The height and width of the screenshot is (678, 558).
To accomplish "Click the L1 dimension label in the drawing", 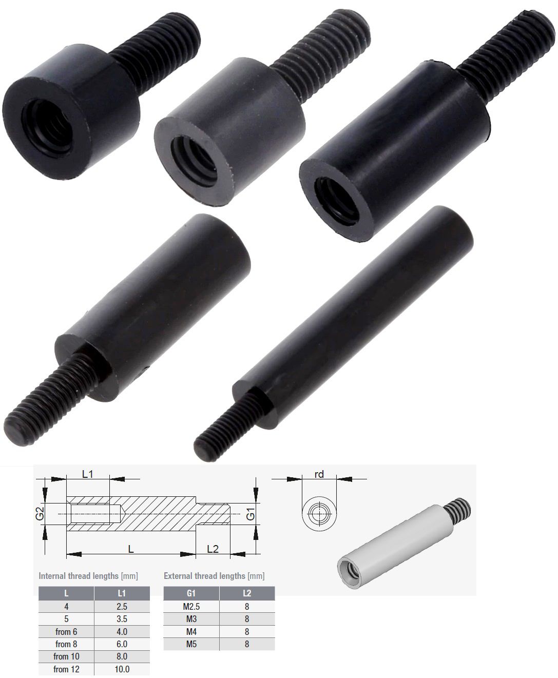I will (x=88, y=474).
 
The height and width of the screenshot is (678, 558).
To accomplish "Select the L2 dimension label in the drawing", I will (x=213, y=549).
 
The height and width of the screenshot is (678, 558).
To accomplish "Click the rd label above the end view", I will (x=319, y=474).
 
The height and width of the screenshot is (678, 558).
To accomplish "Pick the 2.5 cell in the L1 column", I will (x=122, y=606).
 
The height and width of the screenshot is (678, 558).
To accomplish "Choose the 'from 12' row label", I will (x=66, y=669).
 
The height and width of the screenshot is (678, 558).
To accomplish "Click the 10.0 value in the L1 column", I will (x=122, y=669).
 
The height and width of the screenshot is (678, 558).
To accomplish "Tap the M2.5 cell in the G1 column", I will (x=191, y=606).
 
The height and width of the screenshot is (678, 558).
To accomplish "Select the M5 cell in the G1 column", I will (x=191, y=644).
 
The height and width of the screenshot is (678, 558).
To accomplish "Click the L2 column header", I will (x=247, y=593).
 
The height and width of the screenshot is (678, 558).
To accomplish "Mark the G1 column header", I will (x=191, y=593).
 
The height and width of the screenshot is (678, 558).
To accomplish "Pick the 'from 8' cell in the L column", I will (x=66, y=644).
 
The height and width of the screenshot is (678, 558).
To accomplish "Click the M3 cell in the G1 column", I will (x=191, y=619).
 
